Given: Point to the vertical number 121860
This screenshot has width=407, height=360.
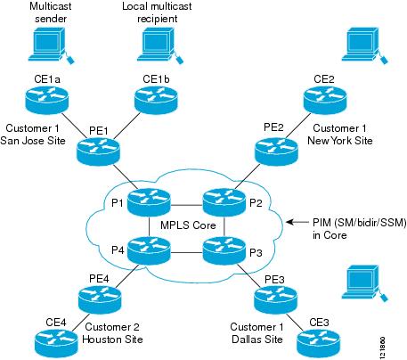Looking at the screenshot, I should pos(394,343).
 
